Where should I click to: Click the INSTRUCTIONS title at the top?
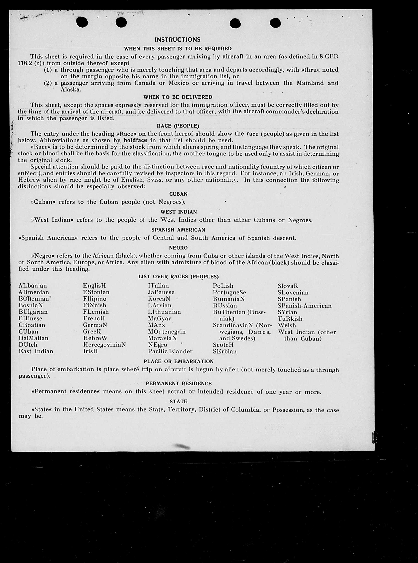177,40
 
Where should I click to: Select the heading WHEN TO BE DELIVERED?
178,97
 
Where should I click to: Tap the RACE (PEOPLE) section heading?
178,126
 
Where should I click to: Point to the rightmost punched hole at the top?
275,23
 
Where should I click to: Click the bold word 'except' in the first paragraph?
120,63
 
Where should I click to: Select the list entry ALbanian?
33,286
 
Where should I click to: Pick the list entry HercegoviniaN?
104,345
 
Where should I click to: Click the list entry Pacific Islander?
170,351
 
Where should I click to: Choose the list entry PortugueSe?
229,292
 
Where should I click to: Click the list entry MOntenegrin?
167,332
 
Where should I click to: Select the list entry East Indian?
36,351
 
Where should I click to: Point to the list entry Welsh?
287,325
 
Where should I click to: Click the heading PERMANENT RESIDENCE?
178,384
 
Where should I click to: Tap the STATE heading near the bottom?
178,401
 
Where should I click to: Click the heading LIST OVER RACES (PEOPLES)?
178,277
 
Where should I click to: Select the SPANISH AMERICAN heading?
178,230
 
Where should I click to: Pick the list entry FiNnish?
95,305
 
